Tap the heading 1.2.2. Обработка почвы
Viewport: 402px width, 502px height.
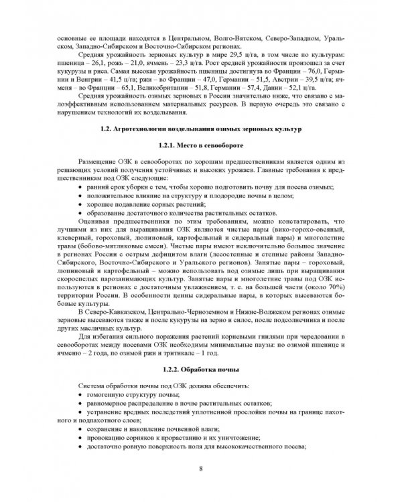[x=201, y=370]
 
